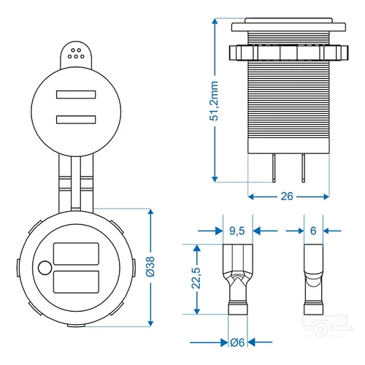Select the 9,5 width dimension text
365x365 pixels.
[x=237, y=231]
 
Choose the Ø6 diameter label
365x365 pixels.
[x=236, y=342]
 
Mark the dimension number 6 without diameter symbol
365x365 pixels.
[x=313, y=231]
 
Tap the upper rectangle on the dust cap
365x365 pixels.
[x=73, y=95]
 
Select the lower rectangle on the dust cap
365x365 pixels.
[x=73, y=120]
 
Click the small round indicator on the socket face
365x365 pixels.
[x=45, y=267]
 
